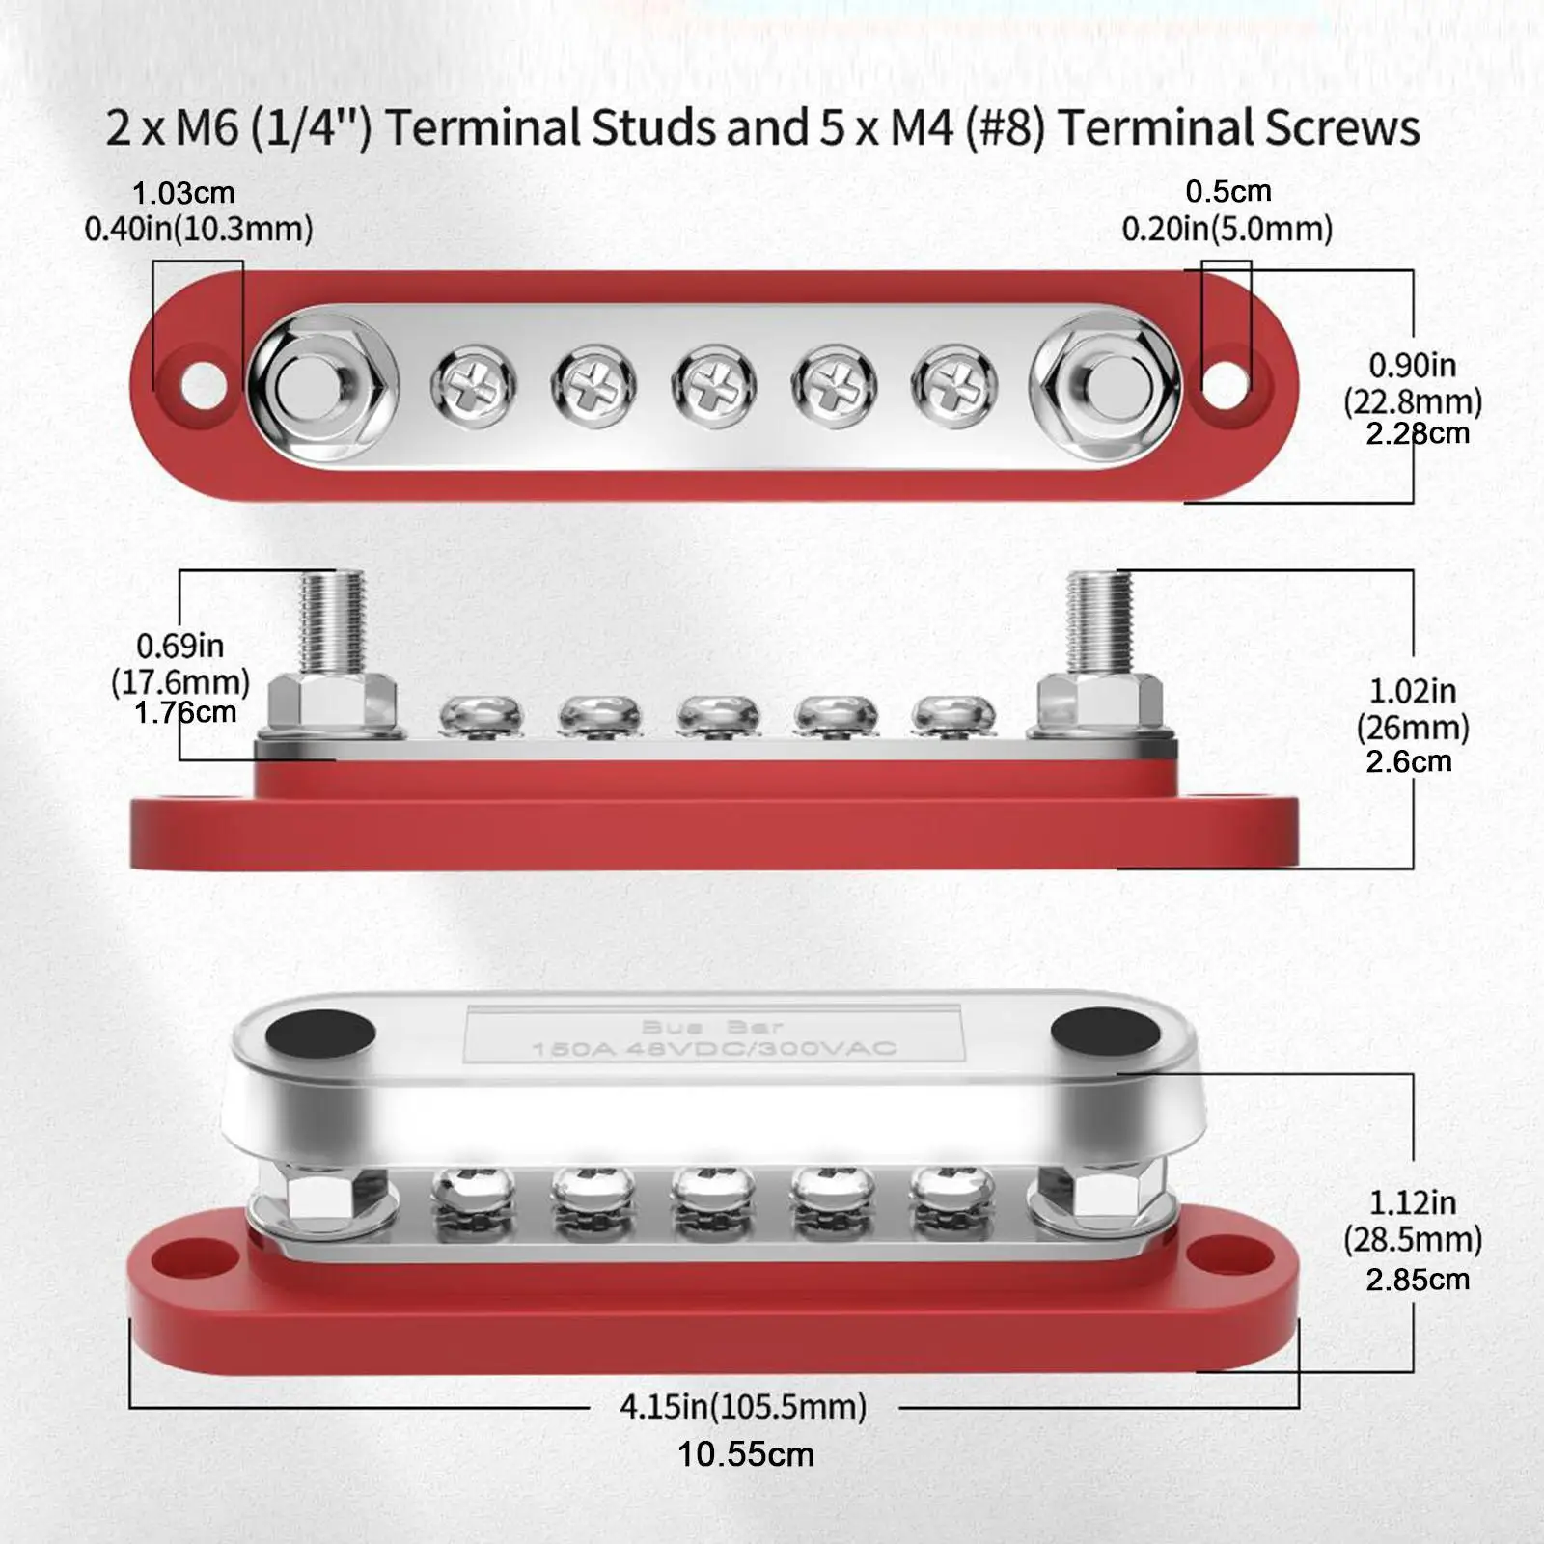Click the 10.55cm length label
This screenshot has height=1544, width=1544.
[x=745, y=1454]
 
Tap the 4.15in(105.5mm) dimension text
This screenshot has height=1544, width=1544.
[x=743, y=1407]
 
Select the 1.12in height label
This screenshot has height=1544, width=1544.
[x=1412, y=1202]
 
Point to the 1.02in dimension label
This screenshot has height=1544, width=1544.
[x=1412, y=691]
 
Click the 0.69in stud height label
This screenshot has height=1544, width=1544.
[x=179, y=646]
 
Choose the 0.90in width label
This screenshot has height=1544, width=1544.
[x=1412, y=366]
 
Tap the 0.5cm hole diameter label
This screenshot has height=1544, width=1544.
[x=1227, y=191]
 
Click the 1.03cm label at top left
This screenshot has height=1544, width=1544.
[x=183, y=193]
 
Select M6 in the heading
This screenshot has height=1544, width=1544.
[x=206, y=128]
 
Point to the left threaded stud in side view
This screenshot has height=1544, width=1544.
[x=331, y=622]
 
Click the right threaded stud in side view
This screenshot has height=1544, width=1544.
[x=1098, y=622]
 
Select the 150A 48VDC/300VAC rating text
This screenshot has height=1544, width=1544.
[x=714, y=1048]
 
